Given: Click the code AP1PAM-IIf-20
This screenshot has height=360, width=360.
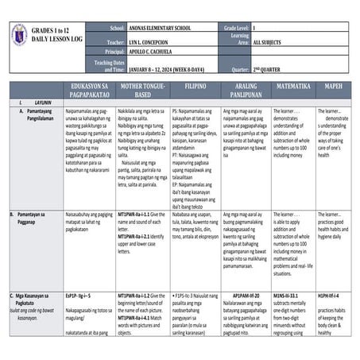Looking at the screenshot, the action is click(244, 294).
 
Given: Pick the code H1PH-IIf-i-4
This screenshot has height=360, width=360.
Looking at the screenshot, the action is click(330, 294).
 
